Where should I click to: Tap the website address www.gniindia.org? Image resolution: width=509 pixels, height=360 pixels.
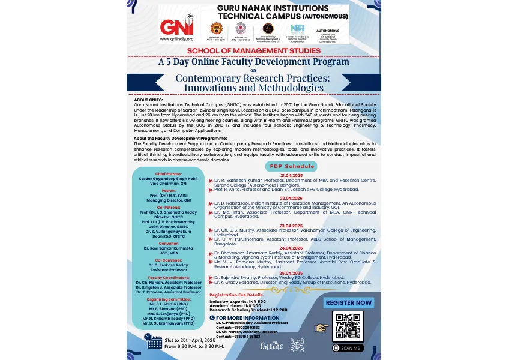pyautogui.click(x=176, y=39)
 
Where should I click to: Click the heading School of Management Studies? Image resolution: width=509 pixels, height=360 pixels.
pyautogui.click(x=254, y=51)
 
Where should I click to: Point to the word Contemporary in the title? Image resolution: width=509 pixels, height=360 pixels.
pyautogui.click(x=210, y=79)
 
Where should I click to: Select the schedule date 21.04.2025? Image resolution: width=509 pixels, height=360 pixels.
pyautogui.click(x=291, y=175)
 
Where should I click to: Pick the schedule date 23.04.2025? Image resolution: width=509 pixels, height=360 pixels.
pyautogui.click(x=291, y=225)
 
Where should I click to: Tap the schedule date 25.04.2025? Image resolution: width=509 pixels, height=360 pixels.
pyautogui.click(x=291, y=273)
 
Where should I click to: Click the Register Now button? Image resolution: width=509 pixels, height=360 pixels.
pyautogui.click(x=348, y=303)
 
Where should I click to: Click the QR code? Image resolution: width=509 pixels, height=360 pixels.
pyautogui.click(x=348, y=326)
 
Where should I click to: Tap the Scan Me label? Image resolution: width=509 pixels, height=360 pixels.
pyautogui.click(x=348, y=348)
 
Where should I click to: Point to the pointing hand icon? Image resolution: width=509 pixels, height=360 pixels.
pyautogui.click(x=322, y=328)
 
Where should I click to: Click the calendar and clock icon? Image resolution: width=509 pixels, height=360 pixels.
pyautogui.click(x=154, y=341)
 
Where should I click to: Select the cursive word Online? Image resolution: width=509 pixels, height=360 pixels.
pyautogui.click(x=271, y=346)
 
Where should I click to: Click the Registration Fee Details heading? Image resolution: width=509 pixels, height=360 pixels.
pyautogui.click(x=236, y=295)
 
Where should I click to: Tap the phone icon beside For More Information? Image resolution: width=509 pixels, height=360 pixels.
pyautogui.click(x=212, y=317)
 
